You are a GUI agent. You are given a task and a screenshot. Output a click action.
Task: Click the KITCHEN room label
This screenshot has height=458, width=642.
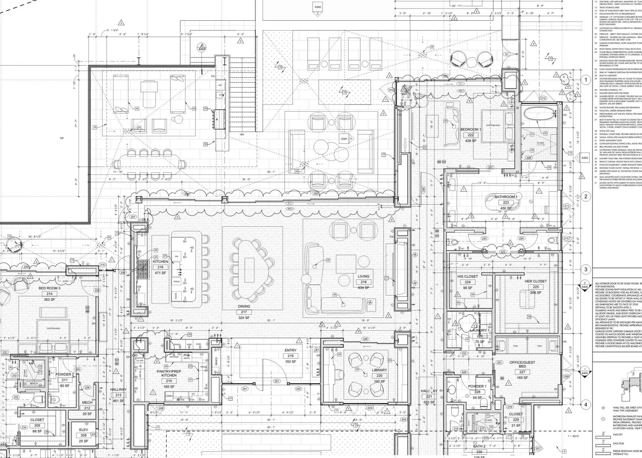(160, 262)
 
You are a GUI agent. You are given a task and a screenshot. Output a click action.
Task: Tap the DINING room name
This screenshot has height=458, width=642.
(244, 306)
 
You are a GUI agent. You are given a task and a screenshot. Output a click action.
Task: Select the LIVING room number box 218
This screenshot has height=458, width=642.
(363, 282)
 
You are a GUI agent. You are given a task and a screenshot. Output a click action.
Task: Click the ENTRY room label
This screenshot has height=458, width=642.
(290, 350)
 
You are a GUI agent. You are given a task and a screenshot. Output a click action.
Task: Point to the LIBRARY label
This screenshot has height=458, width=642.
(379, 370)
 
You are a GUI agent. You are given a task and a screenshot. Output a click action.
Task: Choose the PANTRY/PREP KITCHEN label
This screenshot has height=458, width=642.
(169, 373)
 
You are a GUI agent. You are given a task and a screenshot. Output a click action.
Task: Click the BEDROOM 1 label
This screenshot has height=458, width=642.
(471, 129)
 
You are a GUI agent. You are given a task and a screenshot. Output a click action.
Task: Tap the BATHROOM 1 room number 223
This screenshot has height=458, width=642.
(506, 202)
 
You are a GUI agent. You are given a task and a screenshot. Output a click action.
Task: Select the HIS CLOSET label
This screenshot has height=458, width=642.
(467, 277)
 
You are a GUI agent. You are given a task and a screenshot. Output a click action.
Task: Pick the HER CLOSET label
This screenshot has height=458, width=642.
(535, 281)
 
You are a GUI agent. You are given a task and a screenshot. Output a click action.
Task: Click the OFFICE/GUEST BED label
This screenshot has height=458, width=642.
(522, 364)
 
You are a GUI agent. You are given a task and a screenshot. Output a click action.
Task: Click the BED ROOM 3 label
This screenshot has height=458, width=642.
(49, 288)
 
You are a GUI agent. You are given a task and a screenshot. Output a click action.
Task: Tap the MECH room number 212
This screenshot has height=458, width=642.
(87, 408)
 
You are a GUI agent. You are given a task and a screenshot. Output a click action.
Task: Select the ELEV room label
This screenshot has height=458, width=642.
(84, 430)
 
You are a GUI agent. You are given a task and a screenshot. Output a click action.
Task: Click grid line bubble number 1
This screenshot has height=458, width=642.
(586, 80)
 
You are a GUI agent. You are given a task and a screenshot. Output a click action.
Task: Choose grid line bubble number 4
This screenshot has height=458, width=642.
(586, 404)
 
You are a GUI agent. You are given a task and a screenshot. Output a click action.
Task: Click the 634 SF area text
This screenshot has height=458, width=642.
(363, 287)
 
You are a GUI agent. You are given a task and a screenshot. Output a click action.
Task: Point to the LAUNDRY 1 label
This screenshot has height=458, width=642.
(480, 330)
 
